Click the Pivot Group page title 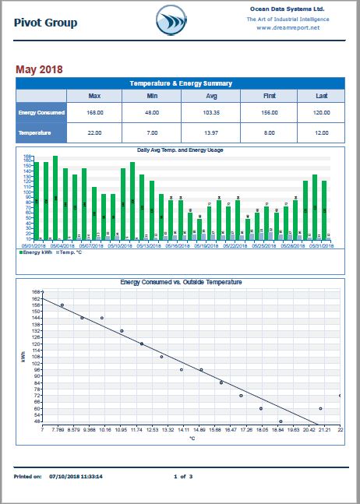(46, 23)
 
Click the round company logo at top (171, 19)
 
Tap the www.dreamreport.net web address (288, 27)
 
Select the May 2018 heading (40, 69)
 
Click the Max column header (94, 95)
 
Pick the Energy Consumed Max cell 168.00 (94, 112)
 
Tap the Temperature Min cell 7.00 (152, 133)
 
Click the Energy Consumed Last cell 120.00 (320, 112)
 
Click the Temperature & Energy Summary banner (180, 83)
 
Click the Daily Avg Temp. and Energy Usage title (180, 150)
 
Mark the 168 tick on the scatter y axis (36, 292)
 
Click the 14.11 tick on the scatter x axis (184, 428)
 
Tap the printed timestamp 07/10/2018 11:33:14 (76, 475)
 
